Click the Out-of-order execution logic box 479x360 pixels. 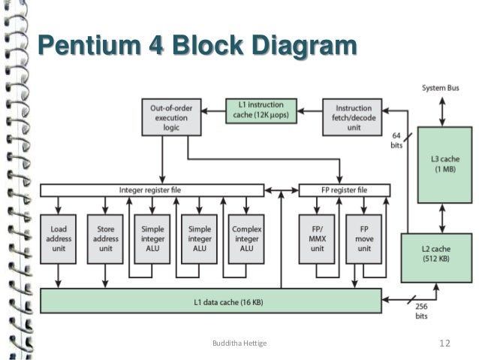171,117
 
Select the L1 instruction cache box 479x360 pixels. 261,110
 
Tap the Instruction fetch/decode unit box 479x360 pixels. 352,117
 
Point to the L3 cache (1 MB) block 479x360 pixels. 444,165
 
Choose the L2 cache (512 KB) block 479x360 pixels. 436,258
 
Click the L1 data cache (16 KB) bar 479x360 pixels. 211,301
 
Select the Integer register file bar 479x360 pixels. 152,190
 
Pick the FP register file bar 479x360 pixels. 345,190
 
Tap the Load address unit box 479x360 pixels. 58,239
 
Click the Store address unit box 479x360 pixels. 105,239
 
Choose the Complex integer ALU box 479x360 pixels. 246,239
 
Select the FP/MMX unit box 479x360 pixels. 317,239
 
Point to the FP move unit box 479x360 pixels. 364,239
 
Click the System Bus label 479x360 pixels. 441,88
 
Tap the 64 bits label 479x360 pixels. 396,141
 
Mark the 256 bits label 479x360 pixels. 422,311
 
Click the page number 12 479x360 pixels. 444,343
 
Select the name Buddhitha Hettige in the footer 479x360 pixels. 239,343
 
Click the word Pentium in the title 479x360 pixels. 89,45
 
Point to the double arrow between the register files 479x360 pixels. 282,191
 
